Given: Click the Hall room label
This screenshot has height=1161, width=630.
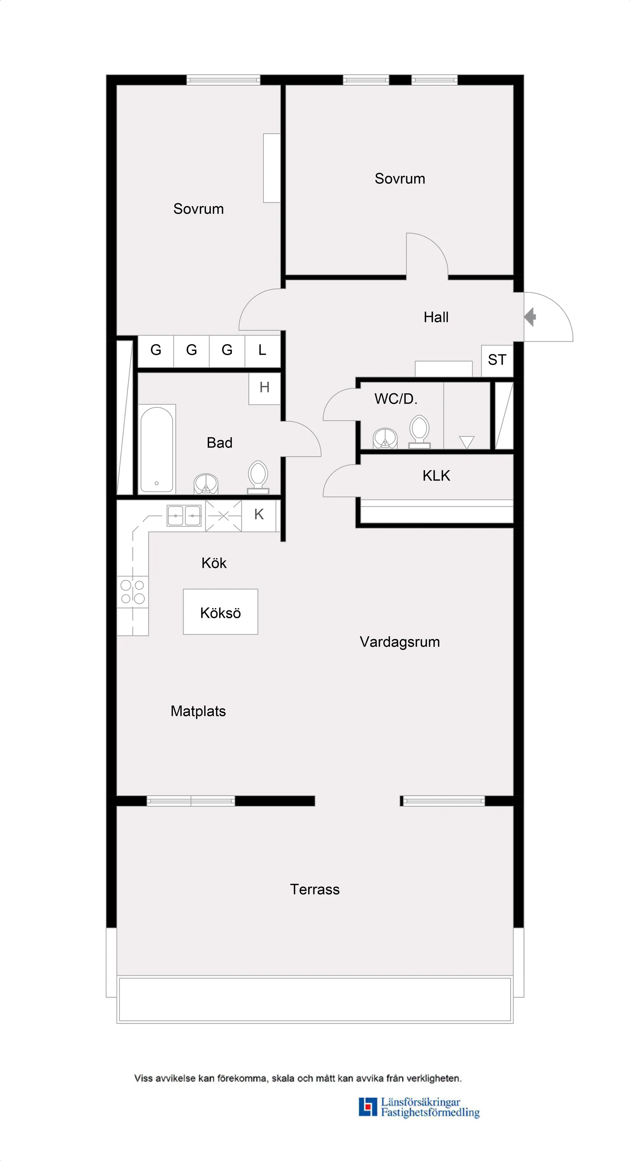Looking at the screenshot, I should (x=436, y=317).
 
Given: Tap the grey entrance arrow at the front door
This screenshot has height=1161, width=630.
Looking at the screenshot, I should (x=530, y=317).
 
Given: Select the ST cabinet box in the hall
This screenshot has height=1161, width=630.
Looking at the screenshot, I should (x=497, y=360).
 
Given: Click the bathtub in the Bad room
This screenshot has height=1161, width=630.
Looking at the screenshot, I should (x=157, y=449).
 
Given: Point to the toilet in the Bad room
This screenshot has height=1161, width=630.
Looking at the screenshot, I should (x=258, y=477).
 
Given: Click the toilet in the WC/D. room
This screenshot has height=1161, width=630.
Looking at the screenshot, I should (x=420, y=431).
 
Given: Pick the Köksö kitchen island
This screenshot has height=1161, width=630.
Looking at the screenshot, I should (x=220, y=612).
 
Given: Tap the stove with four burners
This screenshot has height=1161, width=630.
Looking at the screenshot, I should (x=132, y=592).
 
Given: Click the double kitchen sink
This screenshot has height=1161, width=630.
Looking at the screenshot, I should (x=184, y=516).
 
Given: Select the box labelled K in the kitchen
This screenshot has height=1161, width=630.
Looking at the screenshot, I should (x=258, y=514).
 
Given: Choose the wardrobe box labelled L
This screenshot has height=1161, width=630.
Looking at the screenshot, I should (x=262, y=350).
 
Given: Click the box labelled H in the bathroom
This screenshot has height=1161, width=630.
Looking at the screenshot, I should (x=265, y=388).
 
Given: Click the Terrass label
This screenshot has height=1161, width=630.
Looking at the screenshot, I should (x=315, y=889).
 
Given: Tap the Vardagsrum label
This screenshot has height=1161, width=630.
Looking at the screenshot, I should (x=400, y=642).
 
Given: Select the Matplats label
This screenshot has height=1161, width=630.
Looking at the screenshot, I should (x=198, y=711).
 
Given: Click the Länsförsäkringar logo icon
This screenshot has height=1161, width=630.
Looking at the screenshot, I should (x=368, y=1106).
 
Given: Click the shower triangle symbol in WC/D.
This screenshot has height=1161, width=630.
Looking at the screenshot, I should (x=467, y=441).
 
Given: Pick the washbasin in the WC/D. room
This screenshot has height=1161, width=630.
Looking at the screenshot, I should (x=385, y=438).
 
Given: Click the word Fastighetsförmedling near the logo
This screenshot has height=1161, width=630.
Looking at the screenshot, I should (x=430, y=1113).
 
